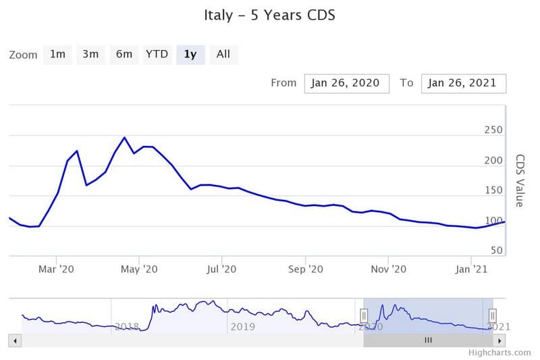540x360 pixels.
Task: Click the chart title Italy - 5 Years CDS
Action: (270, 14)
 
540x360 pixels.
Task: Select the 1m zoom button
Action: (57, 55)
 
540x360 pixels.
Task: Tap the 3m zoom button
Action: (90, 55)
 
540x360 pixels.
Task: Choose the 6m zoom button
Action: (124, 55)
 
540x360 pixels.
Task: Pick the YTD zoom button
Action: (157, 55)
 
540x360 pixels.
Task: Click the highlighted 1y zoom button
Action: (190, 55)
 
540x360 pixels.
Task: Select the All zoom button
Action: (223, 55)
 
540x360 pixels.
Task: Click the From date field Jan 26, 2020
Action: (346, 83)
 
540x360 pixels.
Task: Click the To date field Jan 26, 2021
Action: (463, 83)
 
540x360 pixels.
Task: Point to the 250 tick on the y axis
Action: (493, 130)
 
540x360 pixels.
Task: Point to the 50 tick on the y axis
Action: (496, 251)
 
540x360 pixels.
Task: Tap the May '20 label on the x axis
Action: (139, 269)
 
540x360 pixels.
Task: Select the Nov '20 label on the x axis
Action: (389, 269)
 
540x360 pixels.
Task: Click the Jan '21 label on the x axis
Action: (471, 269)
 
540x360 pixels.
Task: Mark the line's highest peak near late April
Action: (124, 138)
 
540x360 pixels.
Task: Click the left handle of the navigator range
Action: (364, 315)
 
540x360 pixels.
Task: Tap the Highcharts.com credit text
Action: (501, 353)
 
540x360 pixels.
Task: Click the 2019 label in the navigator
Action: (242, 327)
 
